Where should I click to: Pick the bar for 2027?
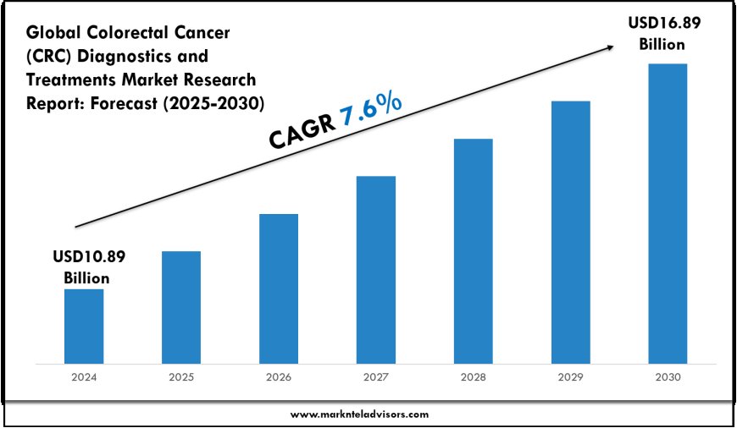(376, 271)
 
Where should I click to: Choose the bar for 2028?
(473, 252)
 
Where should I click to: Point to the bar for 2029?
(570, 233)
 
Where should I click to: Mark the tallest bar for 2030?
(668, 215)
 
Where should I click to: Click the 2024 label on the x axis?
(84, 378)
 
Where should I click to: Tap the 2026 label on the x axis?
(279, 378)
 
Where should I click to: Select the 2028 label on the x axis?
(473, 378)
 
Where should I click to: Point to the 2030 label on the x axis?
(668, 378)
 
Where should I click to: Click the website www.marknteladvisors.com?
(360, 414)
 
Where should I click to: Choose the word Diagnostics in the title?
(125, 57)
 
